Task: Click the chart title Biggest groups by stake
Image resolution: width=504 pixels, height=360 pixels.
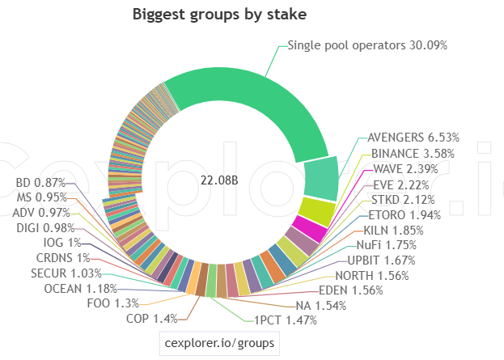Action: coord(219,15)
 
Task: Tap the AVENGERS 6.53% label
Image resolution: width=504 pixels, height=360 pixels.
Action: coord(413,138)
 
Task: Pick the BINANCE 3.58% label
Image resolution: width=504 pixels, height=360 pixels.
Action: coord(413,154)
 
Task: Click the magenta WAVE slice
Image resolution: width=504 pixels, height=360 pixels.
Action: coord(310,228)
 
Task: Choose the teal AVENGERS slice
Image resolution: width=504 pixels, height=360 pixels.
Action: coord(321,179)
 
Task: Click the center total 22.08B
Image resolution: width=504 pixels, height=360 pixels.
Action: coord(219,180)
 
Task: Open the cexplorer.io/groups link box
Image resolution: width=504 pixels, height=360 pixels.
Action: coord(219,343)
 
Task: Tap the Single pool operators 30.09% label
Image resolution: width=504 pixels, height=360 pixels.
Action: coord(367,45)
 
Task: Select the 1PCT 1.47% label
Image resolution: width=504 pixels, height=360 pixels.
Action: coord(286,320)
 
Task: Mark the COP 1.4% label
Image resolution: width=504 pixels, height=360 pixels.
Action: coord(152,319)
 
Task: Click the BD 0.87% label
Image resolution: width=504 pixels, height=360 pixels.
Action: coord(40,183)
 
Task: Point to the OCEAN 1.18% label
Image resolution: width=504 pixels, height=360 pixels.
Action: coord(80,289)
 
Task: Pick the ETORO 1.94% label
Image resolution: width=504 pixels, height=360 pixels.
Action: coord(404,214)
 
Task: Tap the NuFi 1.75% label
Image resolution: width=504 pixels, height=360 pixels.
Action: coord(387,245)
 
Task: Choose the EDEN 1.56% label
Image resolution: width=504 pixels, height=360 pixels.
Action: coord(351,290)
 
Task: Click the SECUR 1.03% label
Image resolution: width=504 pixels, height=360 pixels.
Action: coord(66,273)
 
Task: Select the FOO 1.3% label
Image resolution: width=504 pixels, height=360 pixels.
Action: coord(112,303)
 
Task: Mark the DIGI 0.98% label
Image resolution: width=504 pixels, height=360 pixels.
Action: coord(45,228)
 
